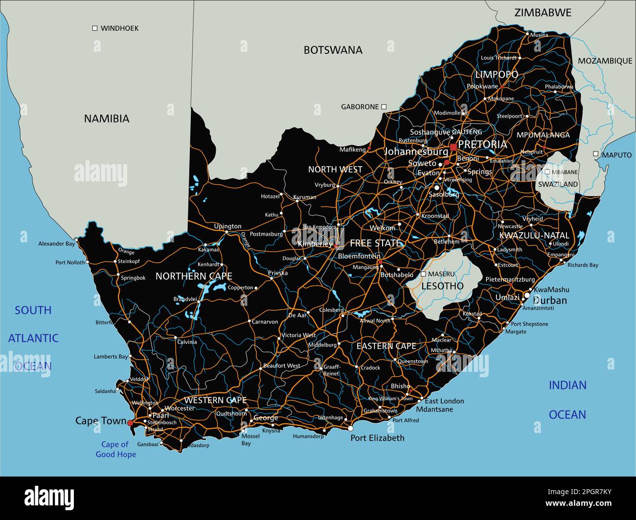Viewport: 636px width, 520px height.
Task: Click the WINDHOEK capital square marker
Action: (x=95, y=28)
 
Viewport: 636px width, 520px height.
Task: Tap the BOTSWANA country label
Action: (x=333, y=50)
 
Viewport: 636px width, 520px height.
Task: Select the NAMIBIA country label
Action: (x=107, y=118)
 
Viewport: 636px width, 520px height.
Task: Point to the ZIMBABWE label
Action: (x=543, y=13)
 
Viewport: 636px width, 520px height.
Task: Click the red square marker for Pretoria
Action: (x=454, y=147)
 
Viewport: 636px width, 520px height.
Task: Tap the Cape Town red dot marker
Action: (x=130, y=422)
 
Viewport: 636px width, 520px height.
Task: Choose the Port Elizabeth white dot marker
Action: (x=350, y=429)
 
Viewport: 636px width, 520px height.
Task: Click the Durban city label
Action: (x=549, y=300)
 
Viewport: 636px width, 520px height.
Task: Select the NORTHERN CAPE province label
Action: (x=194, y=276)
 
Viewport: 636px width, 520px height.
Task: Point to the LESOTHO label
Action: (x=442, y=286)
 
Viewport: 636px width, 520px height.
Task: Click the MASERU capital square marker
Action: (x=423, y=274)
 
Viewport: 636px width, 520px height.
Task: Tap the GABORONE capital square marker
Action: (x=384, y=107)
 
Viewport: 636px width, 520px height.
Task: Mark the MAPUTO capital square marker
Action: (x=595, y=154)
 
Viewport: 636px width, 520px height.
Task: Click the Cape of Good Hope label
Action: (x=115, y=449)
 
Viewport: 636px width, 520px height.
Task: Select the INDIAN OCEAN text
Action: (x=567, y=400)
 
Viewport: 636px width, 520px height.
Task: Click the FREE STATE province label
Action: (x=375, y=243)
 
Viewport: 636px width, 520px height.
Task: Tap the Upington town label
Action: (x=227, y=226)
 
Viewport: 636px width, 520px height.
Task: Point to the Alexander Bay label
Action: (x=57, y=243)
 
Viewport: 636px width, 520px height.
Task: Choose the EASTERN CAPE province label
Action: (x=386, y=346)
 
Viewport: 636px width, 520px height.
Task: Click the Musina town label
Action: (x=539, y=35)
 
